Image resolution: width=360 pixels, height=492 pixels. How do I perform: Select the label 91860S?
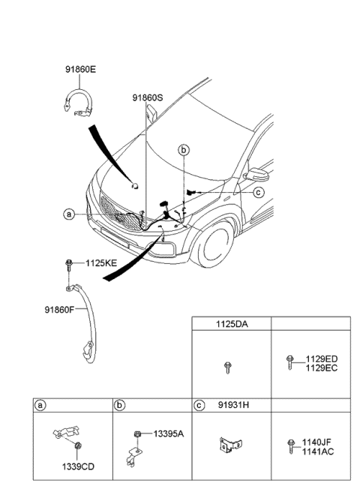tap(148, 97)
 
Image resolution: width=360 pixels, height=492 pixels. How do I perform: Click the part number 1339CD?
tap(78, 466)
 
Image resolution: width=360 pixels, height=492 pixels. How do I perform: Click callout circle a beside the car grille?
tap(68, 214)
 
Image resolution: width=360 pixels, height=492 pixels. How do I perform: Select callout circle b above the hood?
tap(184, 150)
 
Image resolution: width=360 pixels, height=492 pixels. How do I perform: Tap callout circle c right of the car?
tap(258, 192)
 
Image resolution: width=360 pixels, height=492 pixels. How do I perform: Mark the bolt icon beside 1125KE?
tap(69, 264)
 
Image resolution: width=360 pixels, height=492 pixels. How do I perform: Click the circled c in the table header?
tap(199, 406)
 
